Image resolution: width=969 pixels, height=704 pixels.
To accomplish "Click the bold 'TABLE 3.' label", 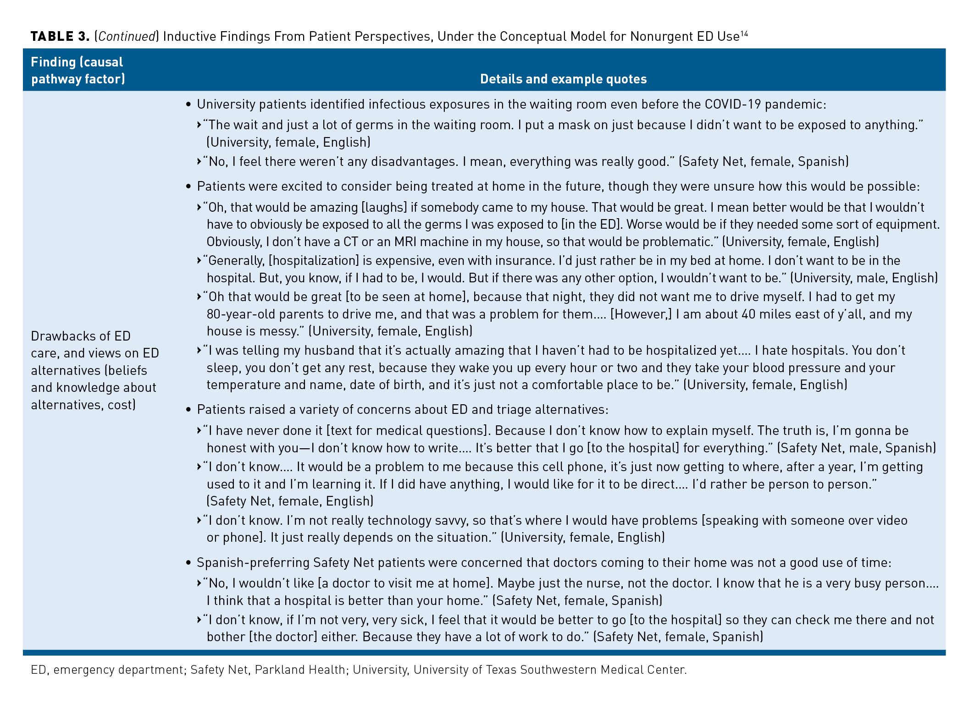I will pyautogui.click(x=60, y=37).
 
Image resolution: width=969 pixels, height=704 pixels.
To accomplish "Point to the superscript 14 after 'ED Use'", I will pyautogui.click(x=744, y=33).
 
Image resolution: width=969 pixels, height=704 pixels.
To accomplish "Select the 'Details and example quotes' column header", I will pyautogui.click(x=563, y=79).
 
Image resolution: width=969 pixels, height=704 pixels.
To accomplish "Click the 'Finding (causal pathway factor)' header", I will pyautogui.click(x=78, y=71).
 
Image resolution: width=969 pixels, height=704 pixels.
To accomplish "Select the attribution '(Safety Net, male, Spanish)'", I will pyautogui.click(x=856, y=448).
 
